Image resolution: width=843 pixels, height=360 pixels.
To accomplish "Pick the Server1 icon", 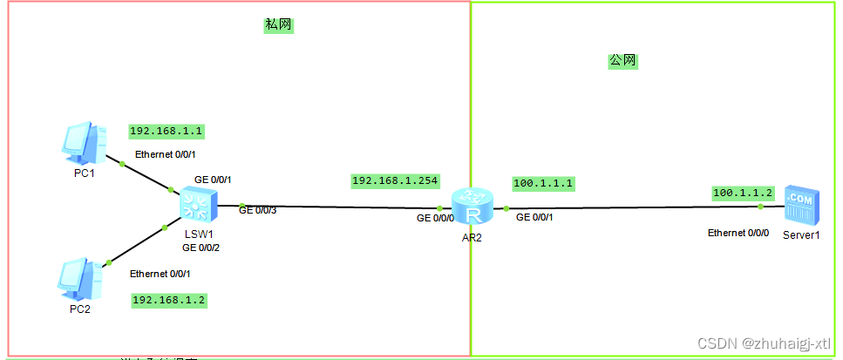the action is [800, 206].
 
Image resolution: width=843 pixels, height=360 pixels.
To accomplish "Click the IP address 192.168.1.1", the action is [167, 132].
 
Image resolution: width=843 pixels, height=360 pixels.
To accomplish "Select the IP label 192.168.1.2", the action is [169, 300].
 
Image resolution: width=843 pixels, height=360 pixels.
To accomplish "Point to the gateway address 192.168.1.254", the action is [395, 180].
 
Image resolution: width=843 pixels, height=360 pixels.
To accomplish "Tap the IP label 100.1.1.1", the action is [543, 184].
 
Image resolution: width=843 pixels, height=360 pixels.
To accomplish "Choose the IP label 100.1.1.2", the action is [743, 193].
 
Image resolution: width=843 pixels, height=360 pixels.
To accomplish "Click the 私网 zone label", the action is [277, 25].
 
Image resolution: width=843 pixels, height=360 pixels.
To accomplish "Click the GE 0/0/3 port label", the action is [258, 211].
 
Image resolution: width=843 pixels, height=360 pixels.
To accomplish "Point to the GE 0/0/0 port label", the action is [435, 218].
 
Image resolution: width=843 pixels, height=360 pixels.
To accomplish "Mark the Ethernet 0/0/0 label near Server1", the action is [738, 234].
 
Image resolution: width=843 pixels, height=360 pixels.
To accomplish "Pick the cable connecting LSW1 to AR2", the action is [340, 207].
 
